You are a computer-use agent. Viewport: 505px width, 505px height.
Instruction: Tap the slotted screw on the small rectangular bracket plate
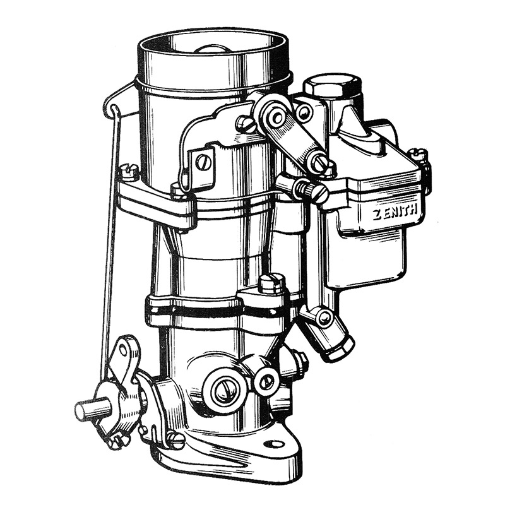coord(202,162)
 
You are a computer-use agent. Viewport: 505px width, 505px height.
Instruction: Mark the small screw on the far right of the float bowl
coord(417,154)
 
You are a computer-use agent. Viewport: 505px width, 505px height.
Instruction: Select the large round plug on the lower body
coord(225,391)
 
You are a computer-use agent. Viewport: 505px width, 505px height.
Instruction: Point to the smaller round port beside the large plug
coord(266,380)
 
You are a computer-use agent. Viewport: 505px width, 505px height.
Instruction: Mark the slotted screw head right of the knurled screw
coord(321,192)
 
